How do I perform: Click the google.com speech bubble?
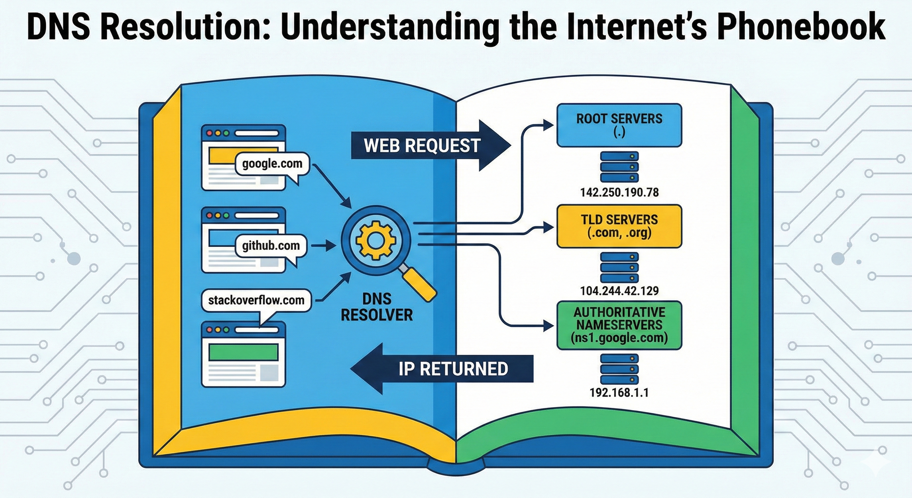(272, 164)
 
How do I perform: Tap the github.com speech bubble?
(271, 246)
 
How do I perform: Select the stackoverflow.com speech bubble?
(256, 301)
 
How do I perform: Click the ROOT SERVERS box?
(619, 125)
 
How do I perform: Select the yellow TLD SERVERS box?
(619, 226)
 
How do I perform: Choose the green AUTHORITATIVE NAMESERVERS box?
(619, 325)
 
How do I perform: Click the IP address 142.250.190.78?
(619, 193)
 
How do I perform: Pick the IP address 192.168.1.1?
(619, 392)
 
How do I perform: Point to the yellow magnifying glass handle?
(420, 285)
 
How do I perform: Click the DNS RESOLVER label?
(377, 307)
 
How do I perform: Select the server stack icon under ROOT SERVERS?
(619, 167)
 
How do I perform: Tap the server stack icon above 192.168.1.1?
(619, 369)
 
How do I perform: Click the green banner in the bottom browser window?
(243, 352)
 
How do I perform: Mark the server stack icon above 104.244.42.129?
(619, 267)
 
